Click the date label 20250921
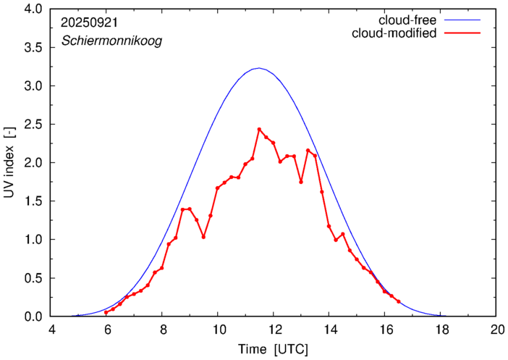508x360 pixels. tap(90, 22)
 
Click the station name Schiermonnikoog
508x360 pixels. tap(111, 41)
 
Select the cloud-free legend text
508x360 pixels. tap(407, 20)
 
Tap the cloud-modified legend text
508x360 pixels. tap(394, 33)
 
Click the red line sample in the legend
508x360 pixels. tap(462, 33)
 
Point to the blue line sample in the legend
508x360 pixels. tap(462, 20)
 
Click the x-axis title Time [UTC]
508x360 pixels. tap(273, 349)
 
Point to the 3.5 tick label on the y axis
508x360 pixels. tap(33, 48)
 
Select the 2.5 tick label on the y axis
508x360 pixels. tap(33, 125)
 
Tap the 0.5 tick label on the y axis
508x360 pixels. tap(33, 278)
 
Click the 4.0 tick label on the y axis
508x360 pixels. tap(33, 9)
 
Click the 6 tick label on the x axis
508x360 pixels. tap(108, 330)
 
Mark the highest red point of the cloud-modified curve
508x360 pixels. tap(259, 130)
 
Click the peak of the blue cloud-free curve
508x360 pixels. tap(259, 68)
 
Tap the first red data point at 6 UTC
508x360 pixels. tap(106, 312)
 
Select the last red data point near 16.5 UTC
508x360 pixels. tap(399, 301)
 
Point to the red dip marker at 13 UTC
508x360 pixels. tap(301, 182)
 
